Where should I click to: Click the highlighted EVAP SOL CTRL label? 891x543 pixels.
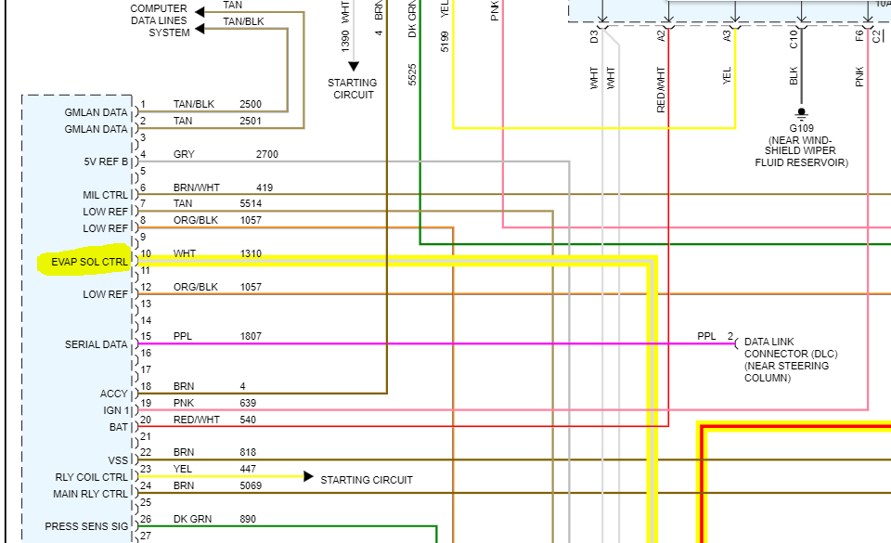(x=89, y=263)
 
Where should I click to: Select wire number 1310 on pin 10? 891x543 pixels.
(x=251, y=253)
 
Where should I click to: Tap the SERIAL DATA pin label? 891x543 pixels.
(x=96, y=344)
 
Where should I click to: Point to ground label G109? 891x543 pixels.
(x=800, y=127)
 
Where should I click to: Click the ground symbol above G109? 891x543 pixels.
(x=800, y=113)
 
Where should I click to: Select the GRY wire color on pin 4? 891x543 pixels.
(x=184, y=154)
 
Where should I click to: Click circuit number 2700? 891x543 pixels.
(x=266, y=154)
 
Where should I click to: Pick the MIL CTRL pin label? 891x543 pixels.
(x=105, y=195)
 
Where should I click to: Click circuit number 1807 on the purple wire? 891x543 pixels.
(x=251, y=336)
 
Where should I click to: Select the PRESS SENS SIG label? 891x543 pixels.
(x=86, y=526)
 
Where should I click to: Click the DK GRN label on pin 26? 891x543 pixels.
(x=194, y=519)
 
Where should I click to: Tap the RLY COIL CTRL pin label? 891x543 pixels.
(x=91, y=477)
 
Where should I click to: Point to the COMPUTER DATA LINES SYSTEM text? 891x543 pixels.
(x=160, y=20)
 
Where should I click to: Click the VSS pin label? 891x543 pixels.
(x=118, y=459)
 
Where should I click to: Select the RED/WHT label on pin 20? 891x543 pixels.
(x=197, y=420)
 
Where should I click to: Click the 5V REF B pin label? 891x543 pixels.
(x=105, y=162)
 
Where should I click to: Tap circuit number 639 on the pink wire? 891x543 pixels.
(x=248, y=403)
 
